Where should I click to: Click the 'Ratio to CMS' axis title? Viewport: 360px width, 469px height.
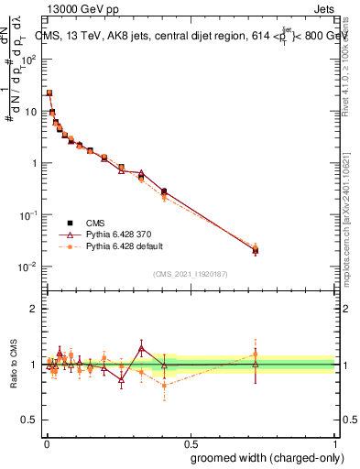click(13, 365)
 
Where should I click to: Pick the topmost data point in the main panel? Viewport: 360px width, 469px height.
click(49, 93)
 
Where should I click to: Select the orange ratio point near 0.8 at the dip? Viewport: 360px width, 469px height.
click(164, 386)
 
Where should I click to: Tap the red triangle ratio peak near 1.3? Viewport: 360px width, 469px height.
click(141, 348)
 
